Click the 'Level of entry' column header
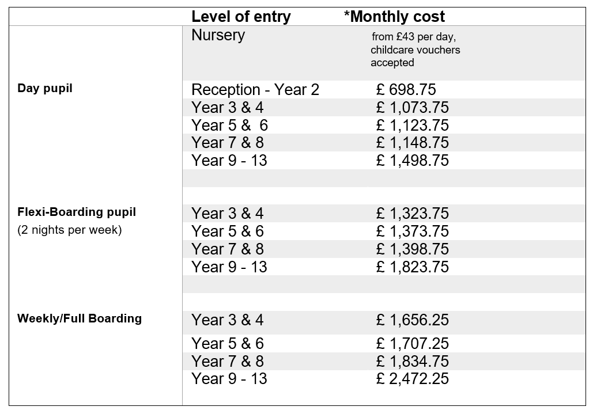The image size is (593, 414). point(241,17)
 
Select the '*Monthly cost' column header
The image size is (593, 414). point(394,17)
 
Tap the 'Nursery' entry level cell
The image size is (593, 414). point(218,35)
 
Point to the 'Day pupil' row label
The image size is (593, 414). point(45,89)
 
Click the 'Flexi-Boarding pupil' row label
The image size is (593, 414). point(77,212)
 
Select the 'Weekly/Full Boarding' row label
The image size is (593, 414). point(80,318)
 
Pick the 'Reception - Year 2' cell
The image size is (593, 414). point(255,90)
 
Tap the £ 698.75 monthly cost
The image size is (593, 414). point(406,90)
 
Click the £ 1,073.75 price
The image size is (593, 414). point(412,108)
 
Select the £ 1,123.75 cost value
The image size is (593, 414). point(412,126)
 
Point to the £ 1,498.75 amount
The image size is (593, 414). point(412,161)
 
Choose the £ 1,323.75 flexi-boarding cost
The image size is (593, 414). point(412,214)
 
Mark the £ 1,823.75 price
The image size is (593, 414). point(412,267)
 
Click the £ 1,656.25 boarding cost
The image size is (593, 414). point(412,320)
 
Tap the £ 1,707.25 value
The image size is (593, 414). point(412,344)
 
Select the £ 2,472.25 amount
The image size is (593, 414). point(412,379)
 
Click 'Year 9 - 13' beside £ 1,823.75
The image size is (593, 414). point(229,267)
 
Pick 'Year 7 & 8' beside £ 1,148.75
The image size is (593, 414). point(227,143)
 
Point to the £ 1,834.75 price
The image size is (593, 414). point(412,362)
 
